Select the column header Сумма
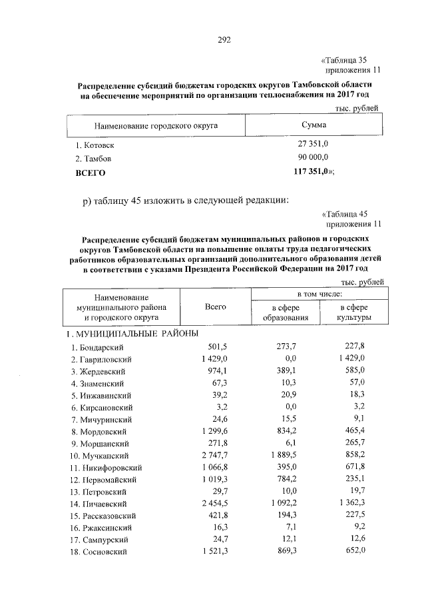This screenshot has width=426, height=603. [x=314, y=125]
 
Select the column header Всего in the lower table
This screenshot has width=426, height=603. [x=216, y=306]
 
